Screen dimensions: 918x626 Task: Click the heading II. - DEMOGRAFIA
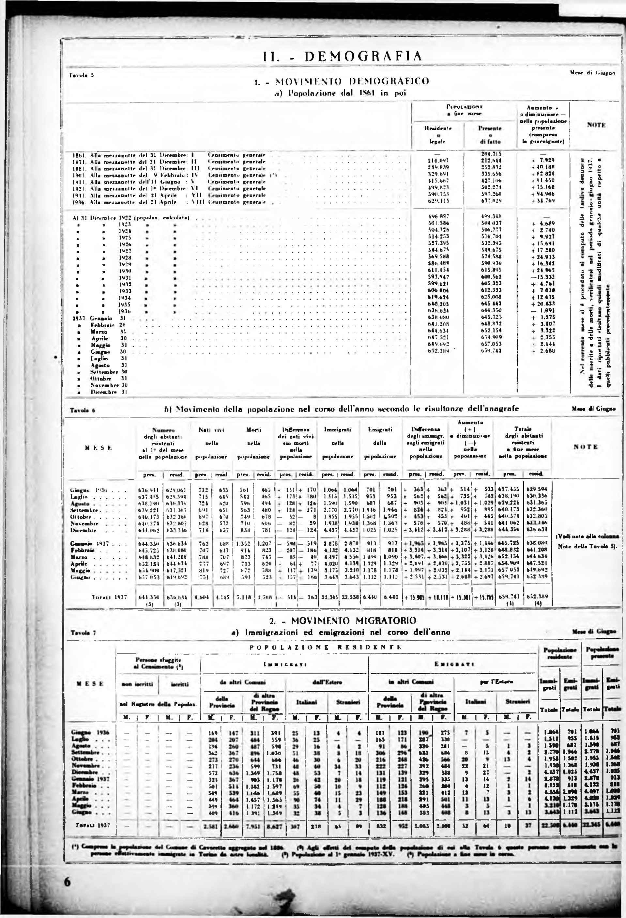pos(343,56)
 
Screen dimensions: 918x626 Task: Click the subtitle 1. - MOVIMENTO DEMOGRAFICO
pos(342,81)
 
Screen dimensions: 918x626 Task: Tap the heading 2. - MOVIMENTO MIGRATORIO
pos(343,621)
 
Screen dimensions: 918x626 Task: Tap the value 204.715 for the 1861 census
pos(490,154)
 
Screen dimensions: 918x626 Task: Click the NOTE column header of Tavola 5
pos(596,125)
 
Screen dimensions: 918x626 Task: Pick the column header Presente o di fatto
pos(490,135)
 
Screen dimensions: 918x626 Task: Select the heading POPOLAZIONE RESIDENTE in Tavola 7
pos(326,647)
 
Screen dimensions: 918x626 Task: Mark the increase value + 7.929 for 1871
pos(543,160)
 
